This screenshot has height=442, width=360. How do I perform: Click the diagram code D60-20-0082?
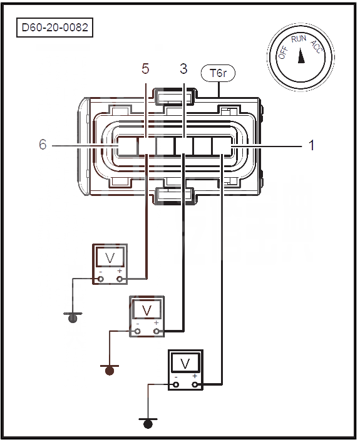click(54, 28)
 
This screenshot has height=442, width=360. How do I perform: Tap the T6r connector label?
click(219, 73)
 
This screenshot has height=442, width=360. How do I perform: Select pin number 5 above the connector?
click(145, 69)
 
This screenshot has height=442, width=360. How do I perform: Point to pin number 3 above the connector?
click(183, 69)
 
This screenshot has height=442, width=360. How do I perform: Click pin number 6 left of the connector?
click(43, 145)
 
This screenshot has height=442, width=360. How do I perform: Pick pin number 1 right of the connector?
click(312, 145)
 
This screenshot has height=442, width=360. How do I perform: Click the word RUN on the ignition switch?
click(299, 39)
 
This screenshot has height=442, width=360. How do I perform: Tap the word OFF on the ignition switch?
click(283, 53)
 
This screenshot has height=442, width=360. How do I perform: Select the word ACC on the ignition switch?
click(316, 47)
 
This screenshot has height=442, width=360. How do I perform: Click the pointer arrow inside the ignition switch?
click(301, 56)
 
